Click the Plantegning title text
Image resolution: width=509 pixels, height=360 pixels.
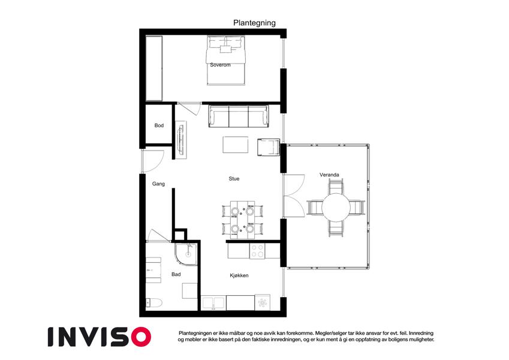[254, 23]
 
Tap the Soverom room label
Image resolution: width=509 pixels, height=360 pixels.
[220, 65]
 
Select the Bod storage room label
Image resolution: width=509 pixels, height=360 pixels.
[159, 125]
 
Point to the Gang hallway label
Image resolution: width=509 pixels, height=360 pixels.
[158, 184]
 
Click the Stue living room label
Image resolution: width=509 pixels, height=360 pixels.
[234, 179]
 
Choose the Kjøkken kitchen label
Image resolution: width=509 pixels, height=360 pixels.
[239, 275]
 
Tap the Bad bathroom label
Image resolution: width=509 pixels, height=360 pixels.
[176, 275]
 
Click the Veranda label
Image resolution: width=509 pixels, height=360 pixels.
[329, 175]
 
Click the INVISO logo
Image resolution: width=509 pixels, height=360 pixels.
[100, 337]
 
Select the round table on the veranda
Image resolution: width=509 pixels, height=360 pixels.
[336, 207]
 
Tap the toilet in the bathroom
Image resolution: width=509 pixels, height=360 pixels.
[153, 303]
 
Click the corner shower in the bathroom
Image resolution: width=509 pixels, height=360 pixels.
[186, 254]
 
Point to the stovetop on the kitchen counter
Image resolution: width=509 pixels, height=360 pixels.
[257, 251]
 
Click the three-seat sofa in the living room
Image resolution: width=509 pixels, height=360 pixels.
[239, 116]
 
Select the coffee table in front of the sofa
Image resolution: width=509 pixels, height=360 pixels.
[236, 145]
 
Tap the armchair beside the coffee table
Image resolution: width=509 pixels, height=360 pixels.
[269, 147]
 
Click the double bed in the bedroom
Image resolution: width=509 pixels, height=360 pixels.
[225, 61]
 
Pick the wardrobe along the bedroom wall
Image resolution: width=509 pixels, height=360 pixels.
[154, 68]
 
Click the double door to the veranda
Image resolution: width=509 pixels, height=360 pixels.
[294, 196]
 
